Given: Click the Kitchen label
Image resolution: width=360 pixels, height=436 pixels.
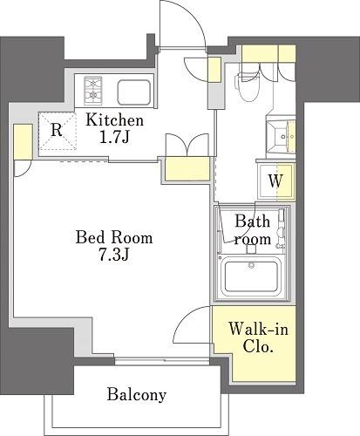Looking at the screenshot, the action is tap(115, 120).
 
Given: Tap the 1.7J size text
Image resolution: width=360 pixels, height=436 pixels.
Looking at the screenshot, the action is tap(114, 138).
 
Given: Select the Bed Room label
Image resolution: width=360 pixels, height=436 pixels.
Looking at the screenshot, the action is tap(114, 237).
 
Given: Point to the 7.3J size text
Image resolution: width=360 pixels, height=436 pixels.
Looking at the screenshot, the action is tap(114, 255).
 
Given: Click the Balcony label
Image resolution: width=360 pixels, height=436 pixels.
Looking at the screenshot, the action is tap(137, 395).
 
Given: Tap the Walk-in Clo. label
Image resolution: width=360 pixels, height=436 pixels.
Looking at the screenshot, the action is tap(258, 337).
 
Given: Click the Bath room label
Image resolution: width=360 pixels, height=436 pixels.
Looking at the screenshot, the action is tap(253, 230).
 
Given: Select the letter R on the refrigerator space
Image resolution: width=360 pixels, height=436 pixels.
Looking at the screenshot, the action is tap(57, 130).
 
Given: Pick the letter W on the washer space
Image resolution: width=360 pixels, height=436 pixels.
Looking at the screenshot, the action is tap(275, 181).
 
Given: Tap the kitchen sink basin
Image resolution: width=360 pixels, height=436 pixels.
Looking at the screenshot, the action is tap(134, 92).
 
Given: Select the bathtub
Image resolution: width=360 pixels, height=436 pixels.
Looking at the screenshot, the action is tap(251, 276).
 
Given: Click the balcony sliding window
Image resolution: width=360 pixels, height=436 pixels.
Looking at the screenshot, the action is tap(162, 361).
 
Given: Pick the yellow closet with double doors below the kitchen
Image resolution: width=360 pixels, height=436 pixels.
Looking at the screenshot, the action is tap(187, 168).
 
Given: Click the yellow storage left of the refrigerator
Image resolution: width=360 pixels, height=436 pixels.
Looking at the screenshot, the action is tap(23, 141).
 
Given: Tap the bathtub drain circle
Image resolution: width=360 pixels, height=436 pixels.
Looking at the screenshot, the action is tap(251, 265).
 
